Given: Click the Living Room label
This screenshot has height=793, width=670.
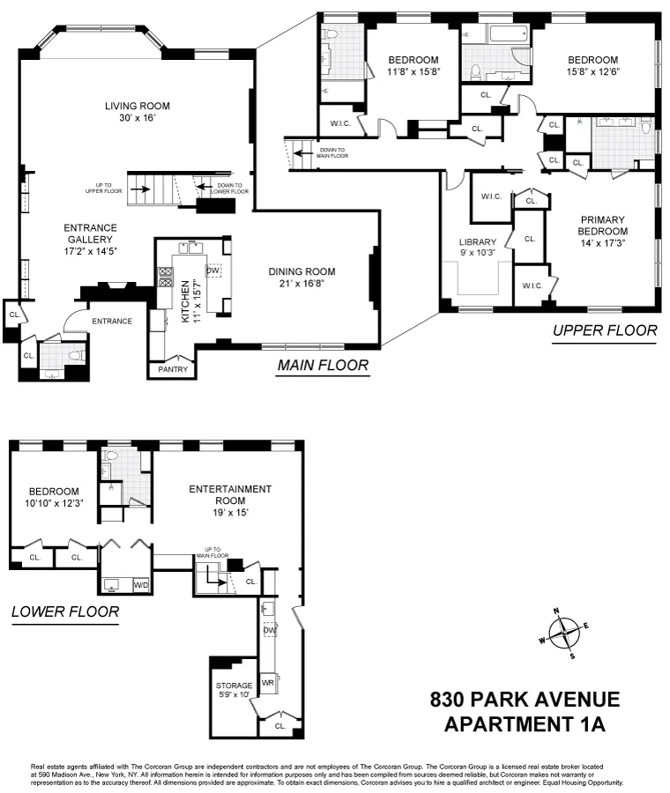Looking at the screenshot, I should pyautogui.click(x=137, y=106).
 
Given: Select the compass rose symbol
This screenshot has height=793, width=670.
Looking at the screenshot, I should pyautogui.click(x=562, y=633).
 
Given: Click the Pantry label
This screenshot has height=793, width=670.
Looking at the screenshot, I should pyautogui.click(x=173, y=369).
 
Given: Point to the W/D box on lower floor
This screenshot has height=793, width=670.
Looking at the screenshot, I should pyautogui.click(x=141, y=585).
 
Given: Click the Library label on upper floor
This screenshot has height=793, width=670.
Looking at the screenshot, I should pyautogui.click(x=478, y=242).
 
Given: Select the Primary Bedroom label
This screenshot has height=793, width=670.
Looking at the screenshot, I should pyautogui.click(x=603, y=226).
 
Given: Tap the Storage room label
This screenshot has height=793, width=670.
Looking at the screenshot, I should pyautogui.click(x=234, y=685).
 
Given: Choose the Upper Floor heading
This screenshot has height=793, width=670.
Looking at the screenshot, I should pyautogui.click(x=604, y=330).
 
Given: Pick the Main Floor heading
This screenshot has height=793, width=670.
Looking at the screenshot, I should pyautogui.click(x=323, y=365).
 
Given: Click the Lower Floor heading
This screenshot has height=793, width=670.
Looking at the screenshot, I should pyautogui.click(x=64, y=611).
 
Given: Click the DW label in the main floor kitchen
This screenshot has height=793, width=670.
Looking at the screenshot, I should pyautogui.click(x=212, y=271).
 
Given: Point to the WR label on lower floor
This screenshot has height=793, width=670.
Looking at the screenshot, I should pyautogui.click(x=268, y=683).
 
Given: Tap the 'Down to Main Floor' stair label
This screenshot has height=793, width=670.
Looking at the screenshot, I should pyautogui.click(x=332, y=153).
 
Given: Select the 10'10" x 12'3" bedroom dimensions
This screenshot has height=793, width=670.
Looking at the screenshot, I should pyautogui.click(x=54, y=503).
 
